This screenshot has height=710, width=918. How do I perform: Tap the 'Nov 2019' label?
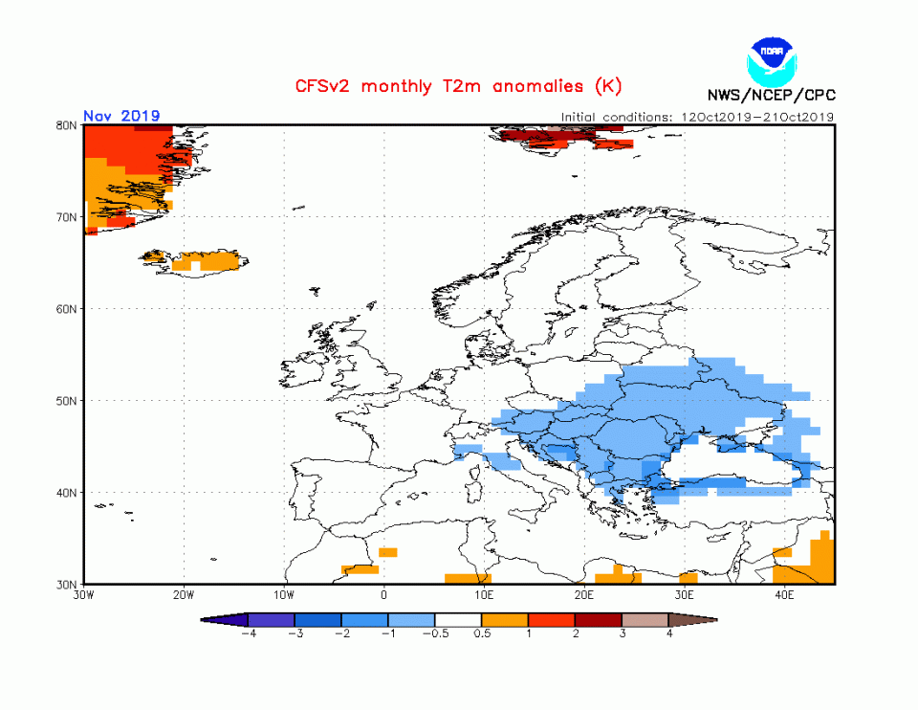(121, 116)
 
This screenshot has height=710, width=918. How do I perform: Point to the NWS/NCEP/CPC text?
(770, 95)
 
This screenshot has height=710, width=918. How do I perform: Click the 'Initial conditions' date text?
(698, 117)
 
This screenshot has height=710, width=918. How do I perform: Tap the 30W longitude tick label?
(83, 595)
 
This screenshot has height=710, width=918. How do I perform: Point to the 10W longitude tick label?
(283, 595)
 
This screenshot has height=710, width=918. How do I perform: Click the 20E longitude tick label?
(583, 595)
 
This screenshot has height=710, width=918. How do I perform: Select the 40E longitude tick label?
(783, 595)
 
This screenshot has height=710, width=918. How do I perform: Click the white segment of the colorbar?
(458, 620)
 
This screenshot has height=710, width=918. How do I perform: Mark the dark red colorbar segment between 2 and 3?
(598, 620)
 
